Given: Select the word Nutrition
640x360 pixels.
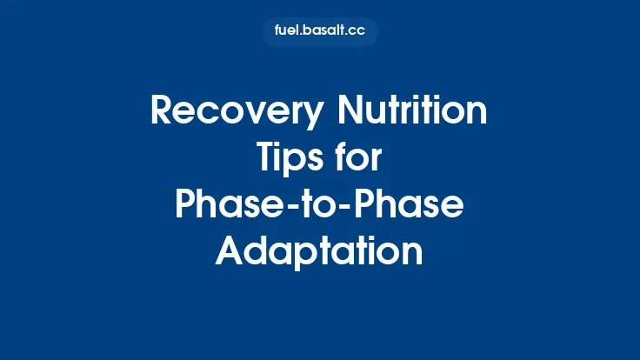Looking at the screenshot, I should [411, 113].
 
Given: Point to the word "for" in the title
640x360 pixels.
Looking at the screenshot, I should [360, 159].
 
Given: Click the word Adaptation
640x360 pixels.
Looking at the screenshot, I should [320, 251].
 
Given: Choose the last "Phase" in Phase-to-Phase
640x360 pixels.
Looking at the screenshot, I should [414, 205].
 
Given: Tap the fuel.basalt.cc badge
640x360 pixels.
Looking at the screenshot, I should [320, 32].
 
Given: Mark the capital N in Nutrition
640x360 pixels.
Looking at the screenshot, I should [350, 113].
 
